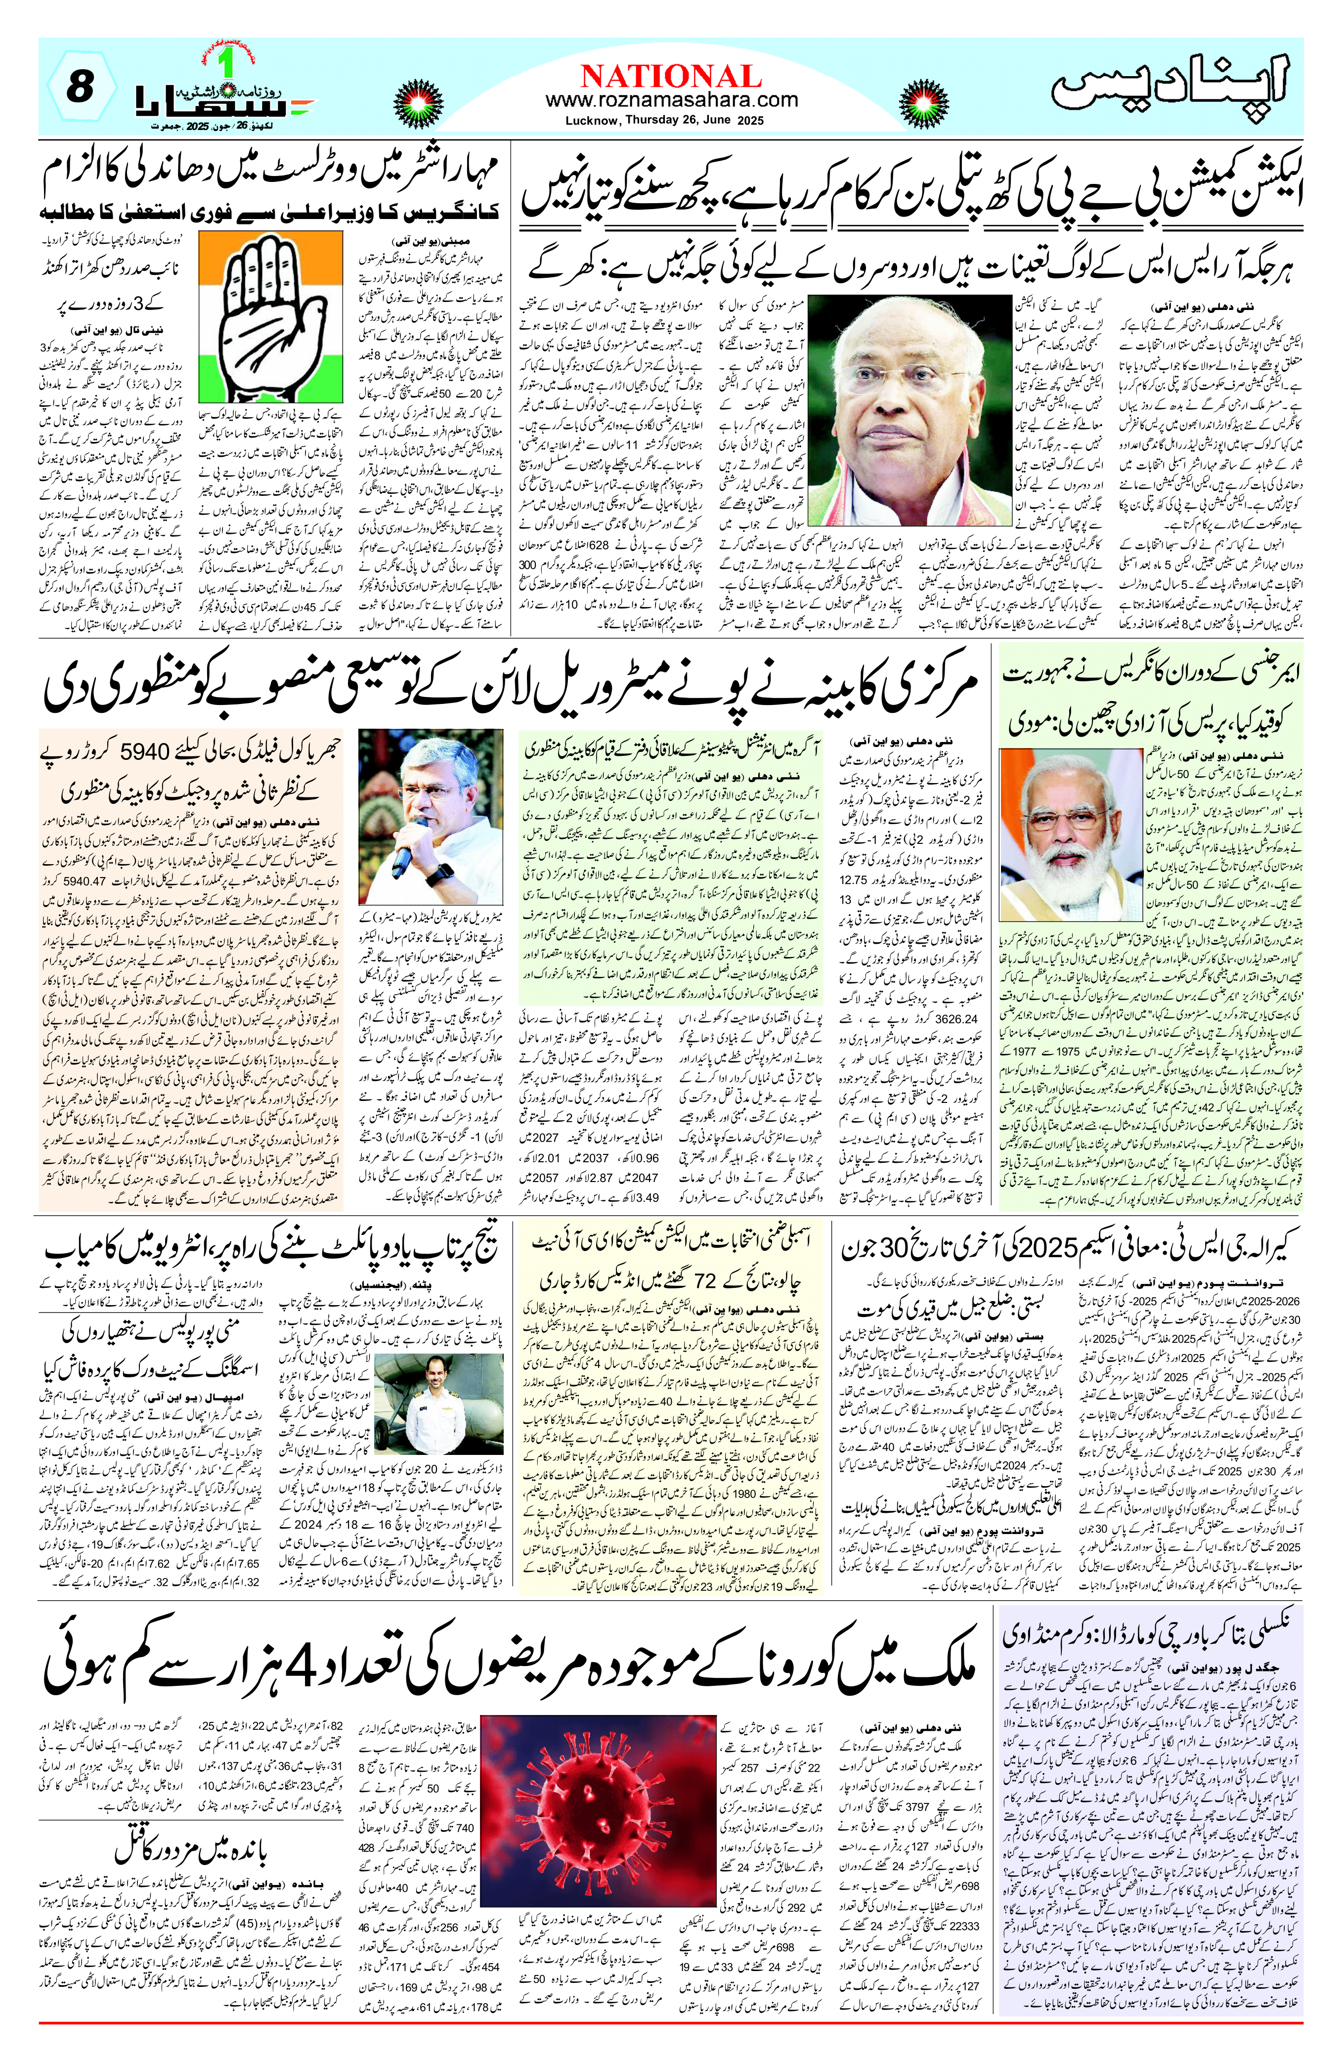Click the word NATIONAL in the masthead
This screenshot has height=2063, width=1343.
coord(671,76)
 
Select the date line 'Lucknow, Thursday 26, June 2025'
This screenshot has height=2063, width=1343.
coord(671,121)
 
